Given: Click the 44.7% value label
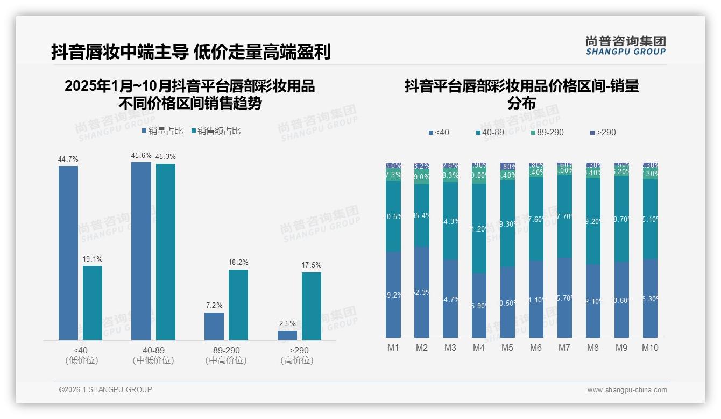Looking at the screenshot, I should click(68, 159).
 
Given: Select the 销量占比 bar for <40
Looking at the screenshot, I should click(68, 252).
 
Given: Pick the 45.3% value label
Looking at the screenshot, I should click(166, 156).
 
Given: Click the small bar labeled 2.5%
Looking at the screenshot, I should click(287, 335).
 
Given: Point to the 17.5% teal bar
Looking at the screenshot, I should click(312, 306).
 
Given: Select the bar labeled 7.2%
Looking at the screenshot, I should click(214, 326).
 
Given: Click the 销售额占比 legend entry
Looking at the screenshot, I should click(216, 131).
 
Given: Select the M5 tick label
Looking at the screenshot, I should click(507, 348).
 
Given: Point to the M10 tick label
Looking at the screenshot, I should click(650, 348).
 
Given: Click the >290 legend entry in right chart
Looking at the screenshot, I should click(603, 132).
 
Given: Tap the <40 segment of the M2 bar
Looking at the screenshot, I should click(422, 292).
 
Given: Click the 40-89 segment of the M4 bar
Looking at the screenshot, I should click(479, 228).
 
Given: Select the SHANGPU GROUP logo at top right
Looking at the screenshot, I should click(626, 46).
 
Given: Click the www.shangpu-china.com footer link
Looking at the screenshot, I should click(627, 390).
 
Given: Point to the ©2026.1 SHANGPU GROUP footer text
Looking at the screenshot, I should click(105, 389).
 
